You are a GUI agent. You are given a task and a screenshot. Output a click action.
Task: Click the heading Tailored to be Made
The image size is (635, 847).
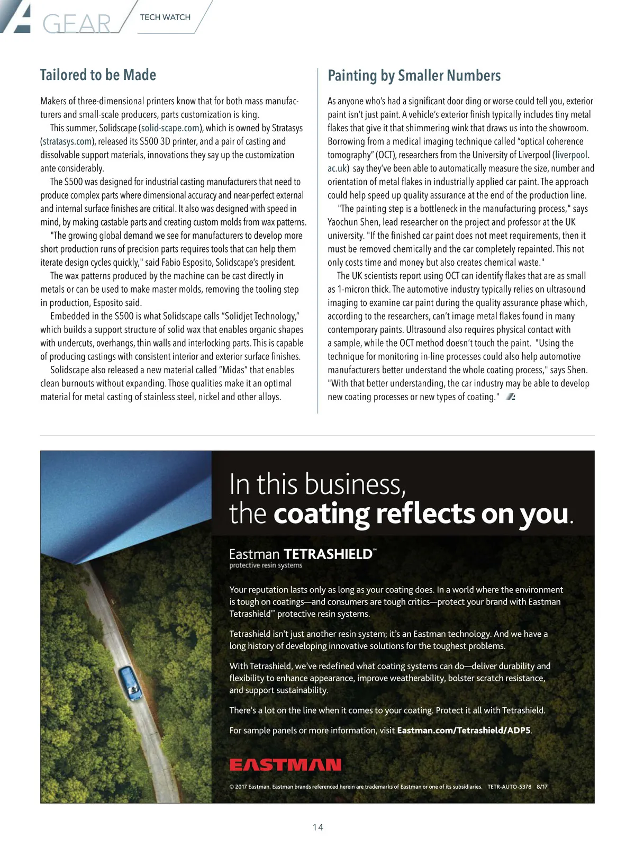tap(98, 75)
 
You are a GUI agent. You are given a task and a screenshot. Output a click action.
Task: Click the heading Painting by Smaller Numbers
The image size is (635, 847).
tap(414, 76)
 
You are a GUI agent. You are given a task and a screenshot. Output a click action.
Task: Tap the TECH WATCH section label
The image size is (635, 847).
tap(165, 17)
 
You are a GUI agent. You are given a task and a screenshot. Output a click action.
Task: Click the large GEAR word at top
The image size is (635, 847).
tap(77, 24)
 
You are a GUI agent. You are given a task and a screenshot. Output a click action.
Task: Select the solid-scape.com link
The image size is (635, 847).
tap(170, 128)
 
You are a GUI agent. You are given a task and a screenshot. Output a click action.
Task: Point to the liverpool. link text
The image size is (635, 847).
tap(572, 155)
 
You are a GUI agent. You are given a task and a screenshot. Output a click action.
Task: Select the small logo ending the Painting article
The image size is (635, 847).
tap(511, 397)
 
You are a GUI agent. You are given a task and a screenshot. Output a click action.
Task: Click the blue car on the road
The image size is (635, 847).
tap(129, 683)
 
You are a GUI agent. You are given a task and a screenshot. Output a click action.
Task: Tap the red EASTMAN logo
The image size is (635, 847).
tap(285, 765)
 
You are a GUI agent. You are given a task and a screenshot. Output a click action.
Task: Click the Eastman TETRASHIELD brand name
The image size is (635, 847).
tap(302, 554)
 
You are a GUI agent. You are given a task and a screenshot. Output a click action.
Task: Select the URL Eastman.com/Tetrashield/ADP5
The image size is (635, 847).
tap(464, 731)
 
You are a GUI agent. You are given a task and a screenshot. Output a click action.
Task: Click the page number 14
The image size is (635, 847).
tap(317, 827)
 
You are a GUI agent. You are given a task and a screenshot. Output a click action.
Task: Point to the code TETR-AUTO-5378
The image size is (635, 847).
tap(509, 787)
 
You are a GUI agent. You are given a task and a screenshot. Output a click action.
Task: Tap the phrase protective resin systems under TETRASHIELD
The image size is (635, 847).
tap(266, 565)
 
